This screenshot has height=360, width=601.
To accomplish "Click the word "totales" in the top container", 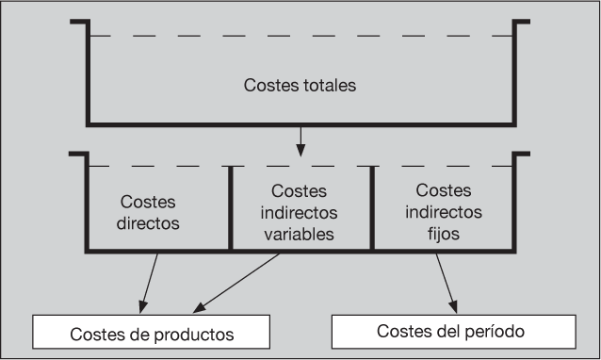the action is click(330, 85).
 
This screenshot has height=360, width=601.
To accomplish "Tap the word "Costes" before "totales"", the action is click(271, 85).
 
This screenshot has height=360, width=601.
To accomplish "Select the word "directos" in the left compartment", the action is click(148, 223).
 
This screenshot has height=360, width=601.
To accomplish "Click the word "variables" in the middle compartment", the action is click(299, 234).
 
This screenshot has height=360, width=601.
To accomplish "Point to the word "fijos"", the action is click(444, 234).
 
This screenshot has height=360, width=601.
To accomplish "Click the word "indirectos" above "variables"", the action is click(299, 212).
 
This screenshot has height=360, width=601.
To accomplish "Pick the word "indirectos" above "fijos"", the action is click(444, 212).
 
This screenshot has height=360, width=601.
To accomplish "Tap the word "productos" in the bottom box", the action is click(194, 335).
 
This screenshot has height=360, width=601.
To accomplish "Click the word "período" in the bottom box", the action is click(495, 331).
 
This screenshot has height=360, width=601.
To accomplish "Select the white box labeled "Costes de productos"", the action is click(151, 332).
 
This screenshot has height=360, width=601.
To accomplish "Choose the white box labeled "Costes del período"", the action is click(454, 332).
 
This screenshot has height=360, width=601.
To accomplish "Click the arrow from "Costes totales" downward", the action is click(300, 141).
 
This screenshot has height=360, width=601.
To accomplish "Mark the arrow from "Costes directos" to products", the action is click(149, 284).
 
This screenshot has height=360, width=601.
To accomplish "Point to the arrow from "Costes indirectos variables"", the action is click(236, 283).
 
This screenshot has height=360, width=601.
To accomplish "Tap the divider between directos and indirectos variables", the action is click(231, 208).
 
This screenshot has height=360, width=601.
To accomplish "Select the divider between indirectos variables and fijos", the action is click(372, 208).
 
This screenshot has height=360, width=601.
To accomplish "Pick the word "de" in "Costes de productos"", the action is click(139, 335).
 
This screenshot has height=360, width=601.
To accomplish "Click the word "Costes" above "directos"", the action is click(148, 202).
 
